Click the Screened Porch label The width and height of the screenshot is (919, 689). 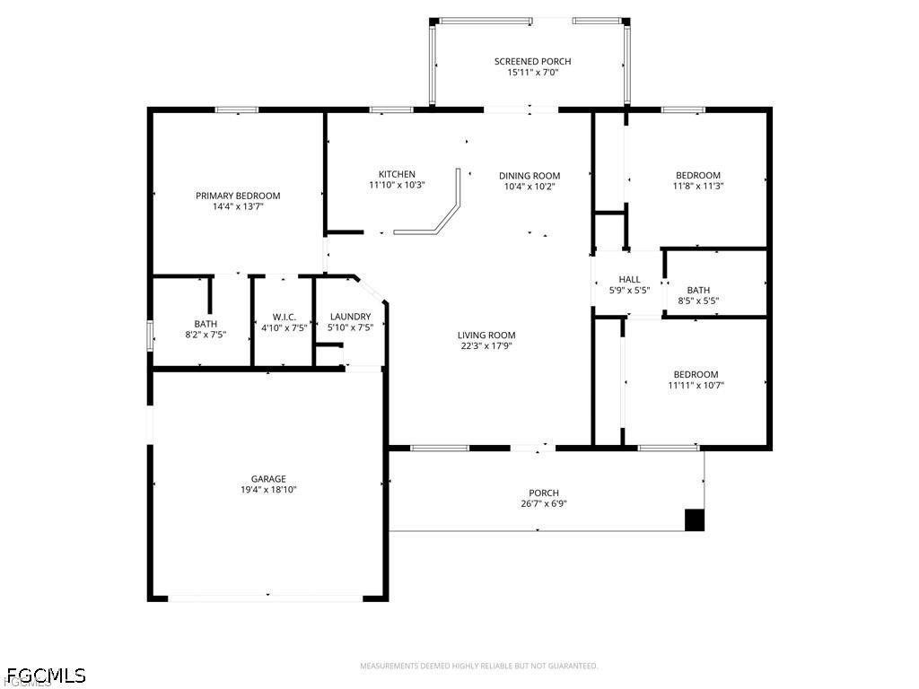(x=532, y=62)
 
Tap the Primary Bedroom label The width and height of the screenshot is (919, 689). (x=238, y=196)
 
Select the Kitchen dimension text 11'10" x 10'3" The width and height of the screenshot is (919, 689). (x=397, y=185)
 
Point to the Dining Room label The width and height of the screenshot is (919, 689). (x=530, y=176)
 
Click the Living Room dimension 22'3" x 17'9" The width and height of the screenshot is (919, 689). (x=486, y=346)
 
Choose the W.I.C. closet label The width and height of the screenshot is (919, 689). (x=284, y=317)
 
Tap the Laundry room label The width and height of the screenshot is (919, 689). (x=351, y=317)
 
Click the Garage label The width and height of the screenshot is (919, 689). (x=268, y=479)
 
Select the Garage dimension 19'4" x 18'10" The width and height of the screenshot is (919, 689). (x=268, y=490)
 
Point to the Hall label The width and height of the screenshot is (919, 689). (x=629, y=280)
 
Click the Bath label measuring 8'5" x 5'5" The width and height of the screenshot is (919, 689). (x=698, y=290)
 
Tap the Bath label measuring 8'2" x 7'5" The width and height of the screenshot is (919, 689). (x=206, y=324)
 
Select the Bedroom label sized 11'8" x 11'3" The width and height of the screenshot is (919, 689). (x=698, y=175)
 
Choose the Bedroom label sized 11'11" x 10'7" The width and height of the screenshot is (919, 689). (x=696, y=374)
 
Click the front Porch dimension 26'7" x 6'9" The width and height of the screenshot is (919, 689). (x=543, y=504)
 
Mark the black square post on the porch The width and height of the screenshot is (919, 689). (x=695, y=520)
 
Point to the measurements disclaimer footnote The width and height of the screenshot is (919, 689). (x=479, y=667)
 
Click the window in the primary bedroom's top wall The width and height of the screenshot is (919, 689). (x=236, y=109)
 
